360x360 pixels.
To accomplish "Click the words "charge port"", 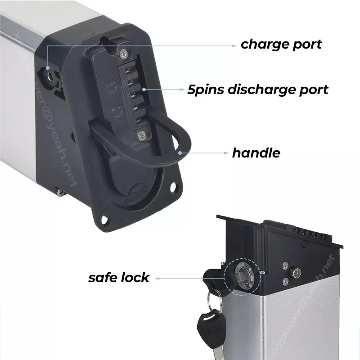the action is (281, 44).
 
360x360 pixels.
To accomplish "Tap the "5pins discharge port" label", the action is (258, 89).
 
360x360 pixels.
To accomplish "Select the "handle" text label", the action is (256, 153).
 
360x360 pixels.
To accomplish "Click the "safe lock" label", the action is (118, 277).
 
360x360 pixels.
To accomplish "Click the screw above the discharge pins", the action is (123, 55).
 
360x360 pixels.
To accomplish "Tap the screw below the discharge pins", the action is (142, 134).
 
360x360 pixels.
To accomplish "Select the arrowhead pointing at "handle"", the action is (227, 153).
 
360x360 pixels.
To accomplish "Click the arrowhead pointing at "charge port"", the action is (234, 45).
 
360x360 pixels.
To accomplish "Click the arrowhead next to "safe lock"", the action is (158, 278).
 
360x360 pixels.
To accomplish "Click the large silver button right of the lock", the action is (297, 272).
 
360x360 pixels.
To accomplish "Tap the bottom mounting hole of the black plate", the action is (104, 220).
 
